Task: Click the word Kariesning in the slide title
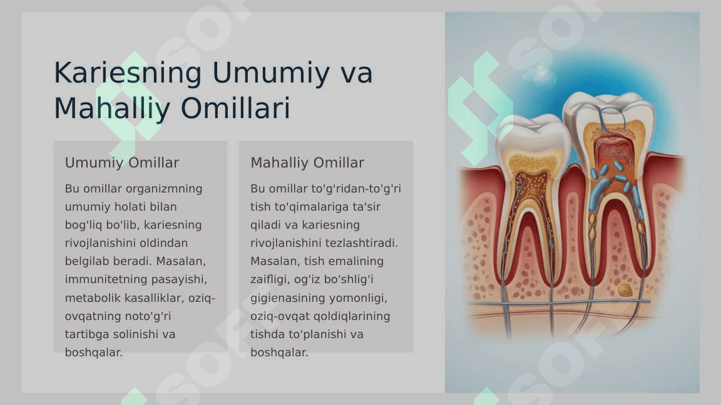point(128,73)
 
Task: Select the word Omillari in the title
point(235,108)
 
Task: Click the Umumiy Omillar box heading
point(122,162)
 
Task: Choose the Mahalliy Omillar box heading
point(307,162)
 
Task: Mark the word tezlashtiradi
point(361,243)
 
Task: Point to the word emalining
point(356,262)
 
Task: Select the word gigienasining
point(288,299)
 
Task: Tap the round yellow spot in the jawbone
point(624,290)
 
